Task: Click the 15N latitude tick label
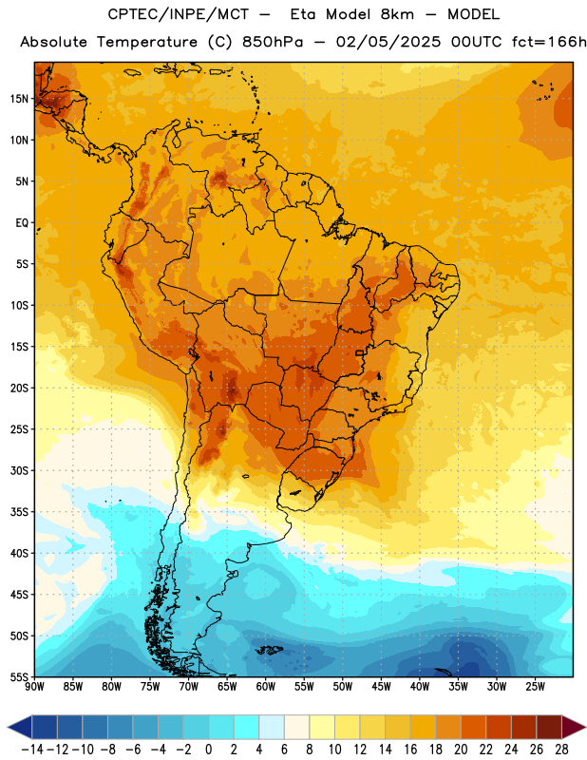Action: [x=19, y=99]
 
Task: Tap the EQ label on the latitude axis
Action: [x=22, y=223]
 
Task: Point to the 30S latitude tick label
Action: [x=19, y=470]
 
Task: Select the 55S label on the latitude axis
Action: [x=19, y=677]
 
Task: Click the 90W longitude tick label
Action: [x=34, y=686]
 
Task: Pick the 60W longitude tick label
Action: [x=266, y=686]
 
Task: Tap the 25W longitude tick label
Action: [x=535, y=686]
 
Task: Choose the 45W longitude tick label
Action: [x=381, y=686]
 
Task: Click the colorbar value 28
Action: [x=561, y=750]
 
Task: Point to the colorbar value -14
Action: [x=32, y=750]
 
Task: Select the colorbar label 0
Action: [x=209, y=750]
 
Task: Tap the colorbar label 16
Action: [x=410, y=750]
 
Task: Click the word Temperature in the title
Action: [x=147, y=42]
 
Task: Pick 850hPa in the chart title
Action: [x=273, y=42]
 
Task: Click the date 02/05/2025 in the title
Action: [x=388, y=42]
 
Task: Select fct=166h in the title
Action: [x=549, y=42]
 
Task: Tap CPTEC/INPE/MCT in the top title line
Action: [x=179, y=14]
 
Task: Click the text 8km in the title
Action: [x=397, y=14]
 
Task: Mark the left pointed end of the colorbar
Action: [x=9, y=727]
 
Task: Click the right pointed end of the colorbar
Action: [x=585, y=727]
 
